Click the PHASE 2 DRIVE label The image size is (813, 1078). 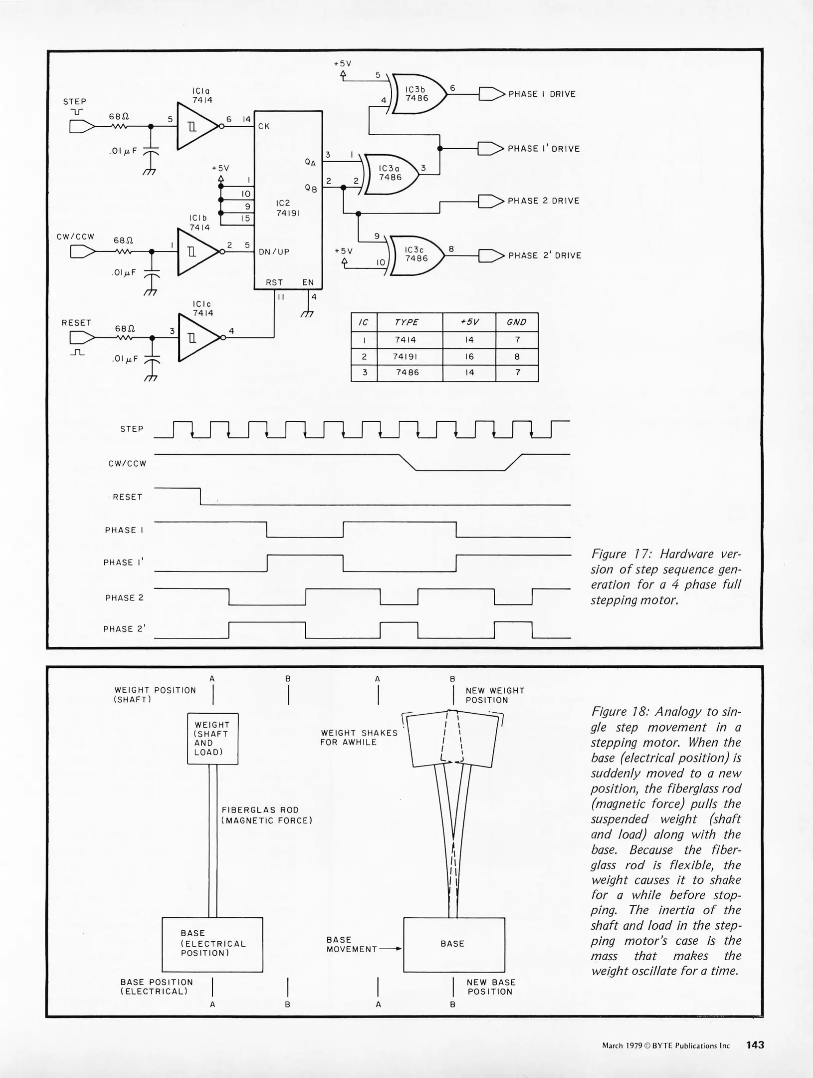(x=544, y=201)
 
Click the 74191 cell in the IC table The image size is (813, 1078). (x=409, y=357)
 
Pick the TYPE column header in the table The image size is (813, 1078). (x=406, y=322)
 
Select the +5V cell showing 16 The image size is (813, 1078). (x=469, y=357)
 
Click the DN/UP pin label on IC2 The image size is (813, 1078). (x=274, y=252)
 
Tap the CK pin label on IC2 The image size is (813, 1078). (x=264, y=127)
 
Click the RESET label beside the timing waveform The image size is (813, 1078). (x=128, y=497)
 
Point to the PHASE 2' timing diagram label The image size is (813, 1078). (x=124, y=629)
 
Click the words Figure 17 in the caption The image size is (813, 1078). (x=622, y=554)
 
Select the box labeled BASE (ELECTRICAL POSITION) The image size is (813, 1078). (x=212, y=944)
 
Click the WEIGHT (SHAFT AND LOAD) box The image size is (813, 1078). (x=212, y=738)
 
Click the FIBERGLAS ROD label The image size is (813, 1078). (x=260, y=810)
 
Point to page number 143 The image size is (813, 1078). (x=755, y=1045)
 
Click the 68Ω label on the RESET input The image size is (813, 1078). (x=125, y=329)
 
